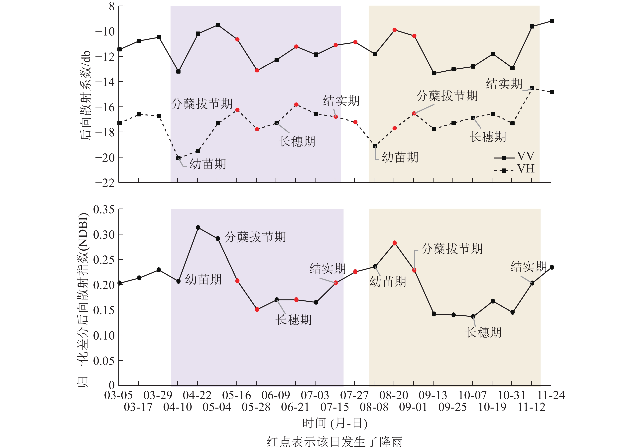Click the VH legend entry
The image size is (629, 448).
(514, 169)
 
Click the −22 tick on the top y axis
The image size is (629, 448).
(105, 183)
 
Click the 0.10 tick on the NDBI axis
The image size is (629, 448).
(104, 335)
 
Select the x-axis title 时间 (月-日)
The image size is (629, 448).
(335, 423)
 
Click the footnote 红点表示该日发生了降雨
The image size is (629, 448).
(335, 441)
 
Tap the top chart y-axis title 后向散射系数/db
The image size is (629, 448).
(86, 95)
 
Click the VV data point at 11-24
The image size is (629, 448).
(552, 21)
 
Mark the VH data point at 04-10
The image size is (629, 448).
(179, 158)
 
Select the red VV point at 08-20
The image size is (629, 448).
(394, 30)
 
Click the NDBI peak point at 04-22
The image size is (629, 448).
(198, 227)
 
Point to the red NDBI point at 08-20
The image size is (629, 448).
(394, 243)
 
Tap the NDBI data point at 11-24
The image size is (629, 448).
(552, 267)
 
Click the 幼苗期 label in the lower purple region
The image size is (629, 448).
(203, 280)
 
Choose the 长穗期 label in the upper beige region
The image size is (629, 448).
(488, 137)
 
